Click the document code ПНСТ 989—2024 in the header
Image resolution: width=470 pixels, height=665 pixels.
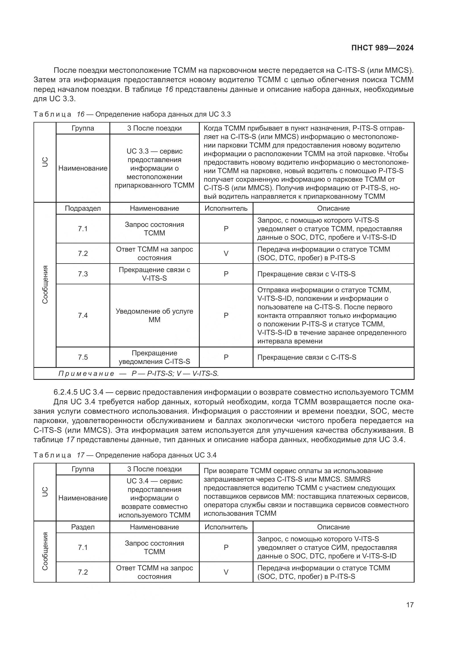382,48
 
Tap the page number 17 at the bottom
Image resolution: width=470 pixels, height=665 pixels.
410,605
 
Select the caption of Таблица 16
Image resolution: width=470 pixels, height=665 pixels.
132,114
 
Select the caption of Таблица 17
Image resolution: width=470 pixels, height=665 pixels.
125,455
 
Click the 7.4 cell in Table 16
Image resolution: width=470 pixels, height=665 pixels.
83,315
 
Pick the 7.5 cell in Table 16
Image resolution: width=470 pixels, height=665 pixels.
83,357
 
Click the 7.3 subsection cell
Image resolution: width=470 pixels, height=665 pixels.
83,274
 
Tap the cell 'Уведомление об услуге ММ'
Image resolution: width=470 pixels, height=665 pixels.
154,315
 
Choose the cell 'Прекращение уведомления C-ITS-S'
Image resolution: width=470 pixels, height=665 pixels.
154,357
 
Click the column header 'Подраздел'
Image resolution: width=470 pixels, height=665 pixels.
83,208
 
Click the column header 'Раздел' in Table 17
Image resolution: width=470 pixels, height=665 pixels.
83,527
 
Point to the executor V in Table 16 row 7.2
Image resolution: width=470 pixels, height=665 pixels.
226,253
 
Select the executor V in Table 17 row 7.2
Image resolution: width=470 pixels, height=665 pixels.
226,572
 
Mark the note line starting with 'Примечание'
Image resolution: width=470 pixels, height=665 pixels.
138,374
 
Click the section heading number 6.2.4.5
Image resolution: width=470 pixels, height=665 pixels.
65,392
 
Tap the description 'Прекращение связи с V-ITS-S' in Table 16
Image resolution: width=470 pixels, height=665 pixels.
306,274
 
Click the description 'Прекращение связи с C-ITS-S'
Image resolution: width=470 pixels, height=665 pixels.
307,357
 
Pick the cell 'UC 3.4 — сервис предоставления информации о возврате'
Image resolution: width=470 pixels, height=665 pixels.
154,498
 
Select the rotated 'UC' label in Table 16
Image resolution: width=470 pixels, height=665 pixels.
45,162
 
